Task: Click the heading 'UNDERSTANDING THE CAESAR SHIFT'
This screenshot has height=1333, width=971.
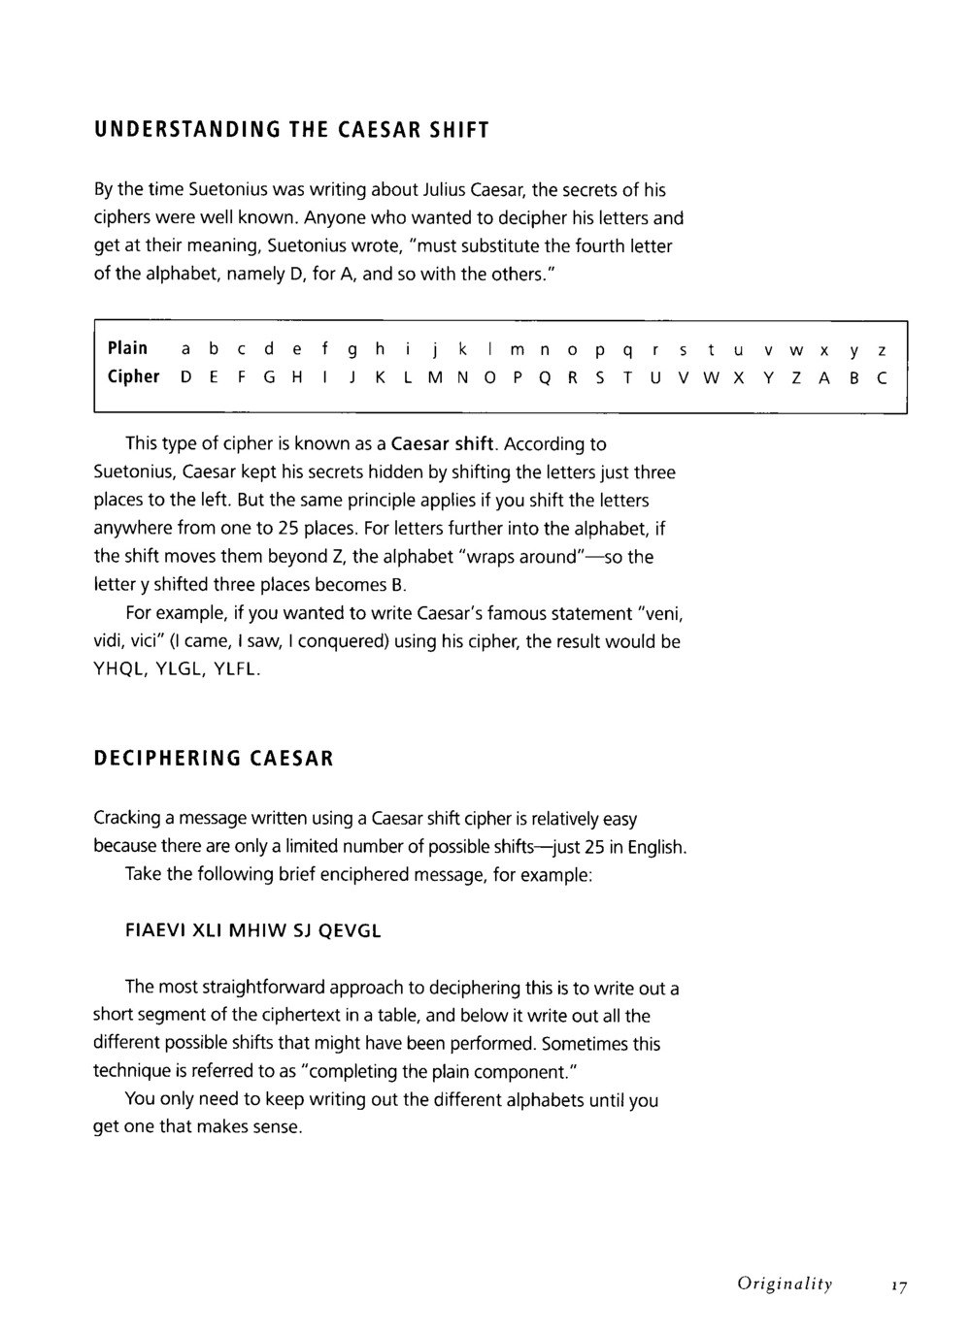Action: click(x=290, y=130)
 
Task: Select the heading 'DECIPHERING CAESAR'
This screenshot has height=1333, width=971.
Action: click(x=214, y=758)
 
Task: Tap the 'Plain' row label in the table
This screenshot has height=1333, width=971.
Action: click(x=127, y=347)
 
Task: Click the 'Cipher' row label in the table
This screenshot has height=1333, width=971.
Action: click(x=133, y=376)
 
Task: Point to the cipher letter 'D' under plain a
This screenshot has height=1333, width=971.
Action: click(x=185, y=377)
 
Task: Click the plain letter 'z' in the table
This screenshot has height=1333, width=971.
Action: click(x=881, y=348)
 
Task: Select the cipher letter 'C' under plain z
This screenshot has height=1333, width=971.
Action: click(x=881, y=377)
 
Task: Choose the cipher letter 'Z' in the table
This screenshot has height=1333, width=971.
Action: click(x=796, y=377)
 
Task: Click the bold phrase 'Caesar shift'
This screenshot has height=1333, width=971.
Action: click(x=444, y=444)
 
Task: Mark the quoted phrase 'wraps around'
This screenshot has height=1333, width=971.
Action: click(x=520, y=557)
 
